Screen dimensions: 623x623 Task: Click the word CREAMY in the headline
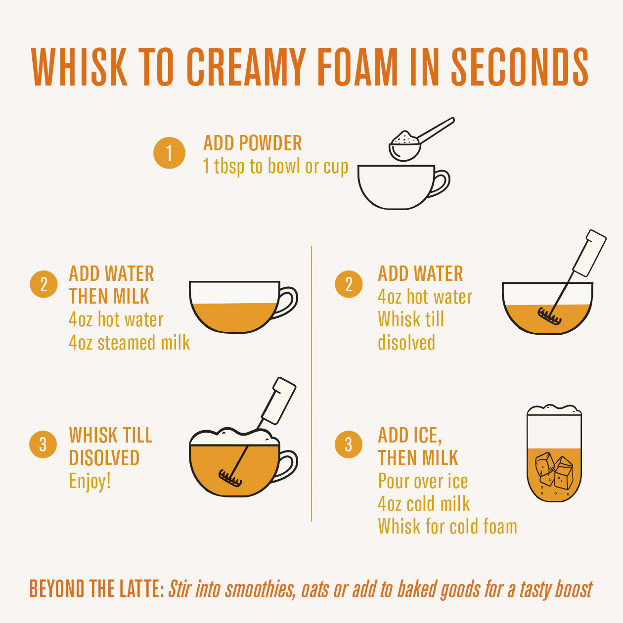[246, 67]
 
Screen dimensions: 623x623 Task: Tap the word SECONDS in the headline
[520, 67]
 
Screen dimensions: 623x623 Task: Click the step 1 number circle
[169, 153]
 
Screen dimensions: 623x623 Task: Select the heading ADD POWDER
[253, 143]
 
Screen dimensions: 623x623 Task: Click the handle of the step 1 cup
[440, 183]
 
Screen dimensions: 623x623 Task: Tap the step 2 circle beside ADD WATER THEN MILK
[44, 284]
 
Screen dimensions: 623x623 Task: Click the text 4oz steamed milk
[130, 342]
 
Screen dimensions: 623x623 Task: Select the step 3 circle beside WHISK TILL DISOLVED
[43, 445]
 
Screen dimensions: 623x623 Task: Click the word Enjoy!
[90, 481]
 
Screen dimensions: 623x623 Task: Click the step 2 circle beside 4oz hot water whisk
[349, 284]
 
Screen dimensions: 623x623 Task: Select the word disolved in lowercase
[406, 342]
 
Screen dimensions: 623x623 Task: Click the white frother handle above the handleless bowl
[589, 253]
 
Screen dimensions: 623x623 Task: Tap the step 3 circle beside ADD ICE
[348, 445]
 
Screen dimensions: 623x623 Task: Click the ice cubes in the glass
[554, 471]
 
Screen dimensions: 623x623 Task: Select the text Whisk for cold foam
[447, 527]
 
